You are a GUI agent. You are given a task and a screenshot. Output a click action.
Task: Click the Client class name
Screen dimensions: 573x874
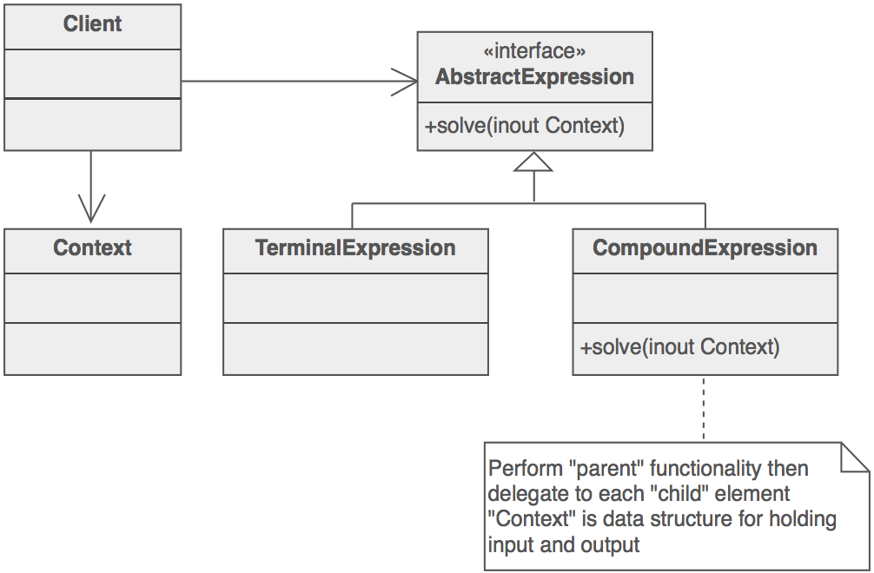[92, 24]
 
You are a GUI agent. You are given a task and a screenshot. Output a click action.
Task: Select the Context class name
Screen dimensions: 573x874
[92, 248]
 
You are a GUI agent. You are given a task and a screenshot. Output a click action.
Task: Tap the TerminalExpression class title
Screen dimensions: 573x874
[355, 248]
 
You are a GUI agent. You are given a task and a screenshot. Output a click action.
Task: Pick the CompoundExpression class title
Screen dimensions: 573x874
[705, 248]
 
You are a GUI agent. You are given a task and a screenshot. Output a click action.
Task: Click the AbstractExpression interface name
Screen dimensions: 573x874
[534, 77]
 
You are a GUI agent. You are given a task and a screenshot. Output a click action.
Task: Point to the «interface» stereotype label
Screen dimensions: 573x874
[534, 52]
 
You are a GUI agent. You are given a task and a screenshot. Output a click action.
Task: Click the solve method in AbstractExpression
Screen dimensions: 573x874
[525, 126]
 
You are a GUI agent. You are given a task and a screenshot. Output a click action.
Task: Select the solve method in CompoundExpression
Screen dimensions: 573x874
[680, 348]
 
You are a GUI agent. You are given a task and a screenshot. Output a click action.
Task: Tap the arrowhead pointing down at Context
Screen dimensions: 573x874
[91, 208]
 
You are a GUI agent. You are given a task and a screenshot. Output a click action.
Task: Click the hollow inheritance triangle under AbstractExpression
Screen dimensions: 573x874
[534, 162]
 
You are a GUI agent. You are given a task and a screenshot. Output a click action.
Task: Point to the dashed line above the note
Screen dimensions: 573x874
[704, 408]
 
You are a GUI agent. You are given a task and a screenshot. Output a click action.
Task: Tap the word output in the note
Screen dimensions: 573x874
[609, 545]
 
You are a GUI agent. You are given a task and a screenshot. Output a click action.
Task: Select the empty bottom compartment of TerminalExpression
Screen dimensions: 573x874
[355, 349]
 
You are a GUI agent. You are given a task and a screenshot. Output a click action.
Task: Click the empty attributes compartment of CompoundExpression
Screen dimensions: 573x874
[705, 298]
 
